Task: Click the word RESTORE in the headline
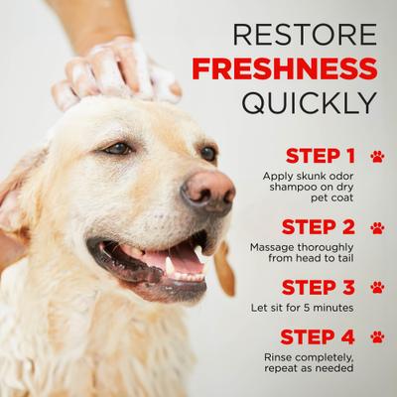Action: [304, 33]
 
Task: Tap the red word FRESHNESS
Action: [286, 67]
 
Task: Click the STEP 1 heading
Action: [320, 156]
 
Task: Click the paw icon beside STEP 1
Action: [376, 156]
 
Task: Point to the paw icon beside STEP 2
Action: [376, 227]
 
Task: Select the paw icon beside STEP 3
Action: [376, 287]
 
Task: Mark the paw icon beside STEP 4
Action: [376, 336]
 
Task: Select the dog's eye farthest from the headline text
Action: [118, 148]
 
